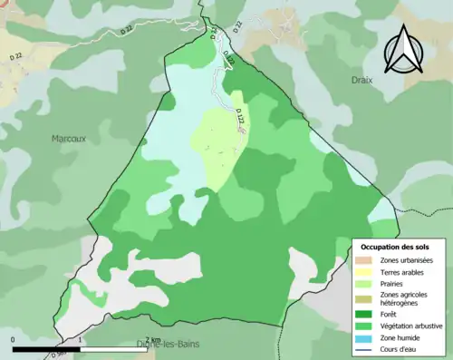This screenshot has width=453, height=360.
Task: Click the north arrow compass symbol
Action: [404, 50]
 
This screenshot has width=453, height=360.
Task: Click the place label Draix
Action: [362, 80]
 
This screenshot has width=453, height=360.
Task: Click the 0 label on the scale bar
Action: [14, 340]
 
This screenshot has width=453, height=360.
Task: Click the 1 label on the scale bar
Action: [81, 340]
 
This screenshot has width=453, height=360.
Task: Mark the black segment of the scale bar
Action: [47, 348]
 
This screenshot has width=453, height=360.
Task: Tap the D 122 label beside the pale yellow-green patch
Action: [241, 118]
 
